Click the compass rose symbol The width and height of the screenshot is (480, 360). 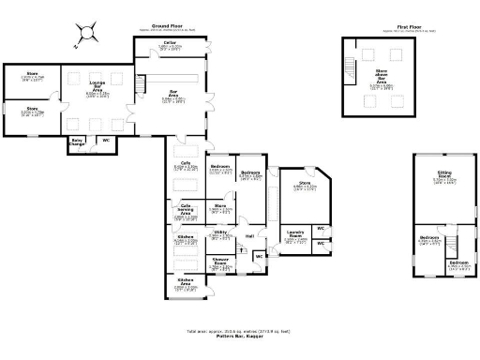(85, 33)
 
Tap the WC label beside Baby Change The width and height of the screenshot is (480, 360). (105, 141)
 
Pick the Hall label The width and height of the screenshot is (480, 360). (249, 235)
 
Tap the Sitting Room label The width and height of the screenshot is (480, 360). (445, 174)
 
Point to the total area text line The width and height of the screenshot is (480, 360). (240, 330)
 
